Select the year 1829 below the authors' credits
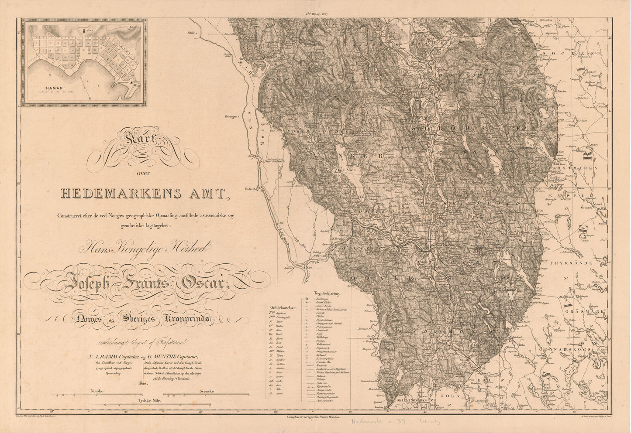tap(143, 384)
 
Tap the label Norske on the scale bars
tap(97, 392)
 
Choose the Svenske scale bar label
tap(207, 392)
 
